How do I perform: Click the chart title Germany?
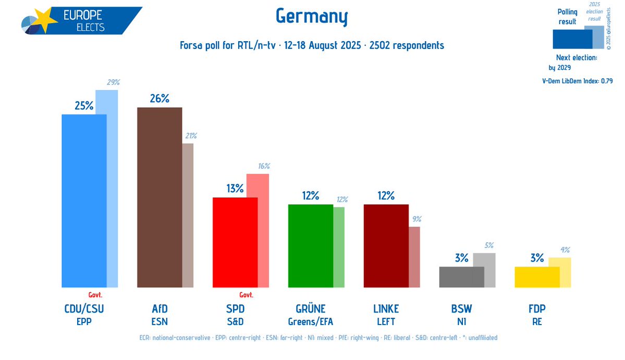(x=312, y=18)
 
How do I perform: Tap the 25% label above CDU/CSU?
(x=84, y=106)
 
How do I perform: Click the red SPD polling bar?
(x=235, y=242)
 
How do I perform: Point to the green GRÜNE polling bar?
(x=311, y=245)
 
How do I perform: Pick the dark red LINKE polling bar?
(x=386, y=245)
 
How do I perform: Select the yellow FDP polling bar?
(x=537, y=277)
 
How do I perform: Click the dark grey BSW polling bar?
(x=461, y=277)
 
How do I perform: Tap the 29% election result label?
(x=113, y=82)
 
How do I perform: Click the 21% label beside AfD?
(x=189, y=136)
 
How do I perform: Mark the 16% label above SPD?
(x=263, y=166)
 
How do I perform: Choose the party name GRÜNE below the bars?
(x=310, y=309)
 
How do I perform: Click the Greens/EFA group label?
(x=310, y=321)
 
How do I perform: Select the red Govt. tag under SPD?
(x=246, y=294)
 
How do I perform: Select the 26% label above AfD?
(x=159, y=98)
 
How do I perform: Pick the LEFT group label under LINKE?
(x=386, y=321)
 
